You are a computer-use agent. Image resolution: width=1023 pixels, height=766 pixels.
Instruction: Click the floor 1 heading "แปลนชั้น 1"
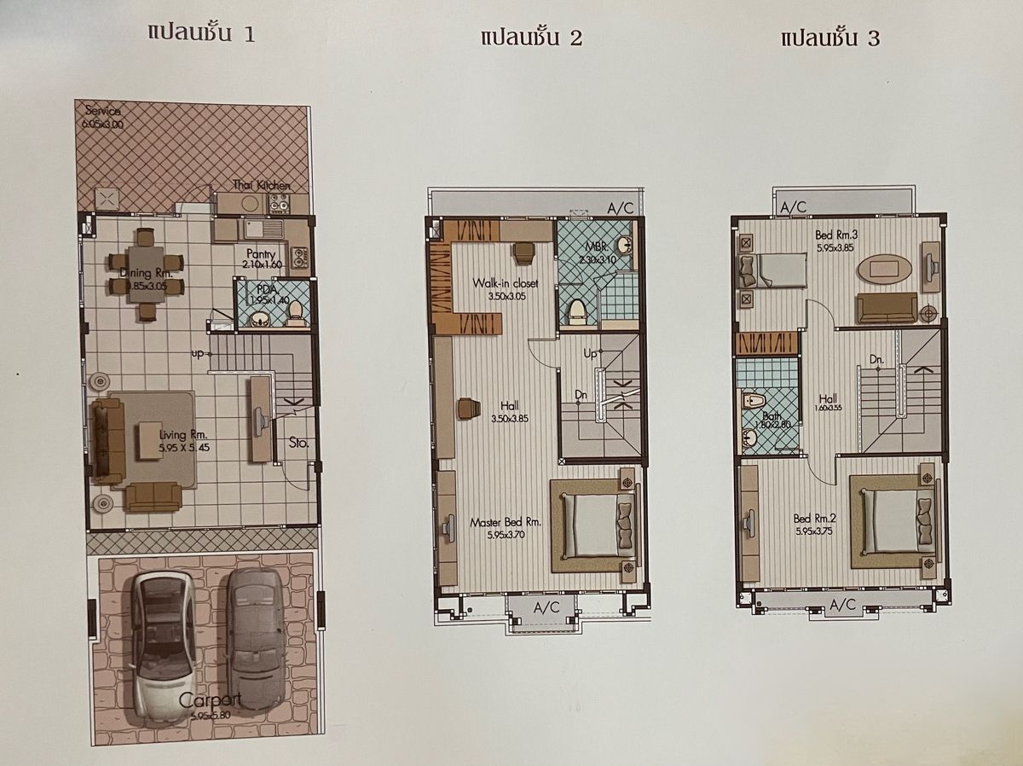click(202, 34)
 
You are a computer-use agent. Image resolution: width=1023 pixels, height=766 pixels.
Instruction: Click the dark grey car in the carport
click(256, 635)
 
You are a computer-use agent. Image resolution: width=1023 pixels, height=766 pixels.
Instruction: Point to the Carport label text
click(211, 701)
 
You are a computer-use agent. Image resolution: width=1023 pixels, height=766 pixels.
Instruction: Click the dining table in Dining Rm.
click(146, 273)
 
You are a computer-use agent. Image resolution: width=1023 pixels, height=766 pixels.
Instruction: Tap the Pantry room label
click(259, 254)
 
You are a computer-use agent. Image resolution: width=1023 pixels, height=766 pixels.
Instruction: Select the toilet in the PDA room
click(296, 314)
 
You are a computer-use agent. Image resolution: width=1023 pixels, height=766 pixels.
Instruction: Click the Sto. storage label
click(298, 443)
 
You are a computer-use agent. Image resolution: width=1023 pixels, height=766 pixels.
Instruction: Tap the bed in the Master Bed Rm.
click(593, 525)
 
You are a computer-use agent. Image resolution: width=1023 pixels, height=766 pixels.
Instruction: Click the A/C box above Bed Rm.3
click(793, 206)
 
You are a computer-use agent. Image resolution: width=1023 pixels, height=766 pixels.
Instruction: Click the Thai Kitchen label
click(262, 185)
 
